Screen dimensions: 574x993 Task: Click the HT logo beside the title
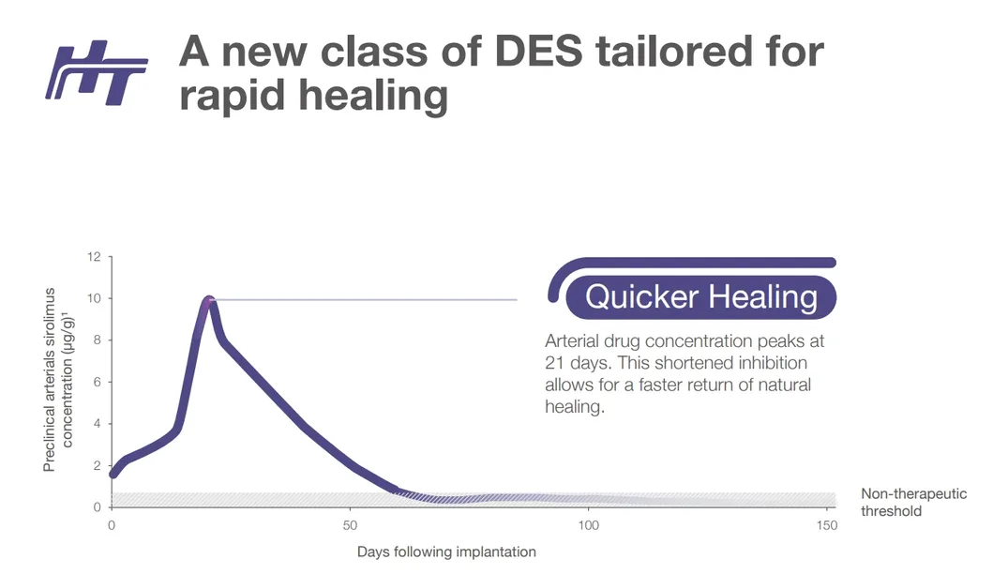click(98, 72)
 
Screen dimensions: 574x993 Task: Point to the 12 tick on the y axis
click(94, 256)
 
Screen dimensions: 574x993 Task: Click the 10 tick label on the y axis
click(94, 298)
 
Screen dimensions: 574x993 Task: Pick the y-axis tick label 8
click(96, 340)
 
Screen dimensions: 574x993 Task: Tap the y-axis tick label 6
click(96, 382)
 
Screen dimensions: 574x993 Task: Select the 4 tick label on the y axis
click(96, 424)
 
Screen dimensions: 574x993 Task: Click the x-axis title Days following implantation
click(446, 551)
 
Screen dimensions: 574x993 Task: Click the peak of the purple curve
click(208, 300)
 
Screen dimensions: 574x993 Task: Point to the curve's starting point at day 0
click(113, 474)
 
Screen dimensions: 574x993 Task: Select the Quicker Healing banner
click(700, 297)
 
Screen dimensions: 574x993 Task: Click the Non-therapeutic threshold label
click(913, 503)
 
